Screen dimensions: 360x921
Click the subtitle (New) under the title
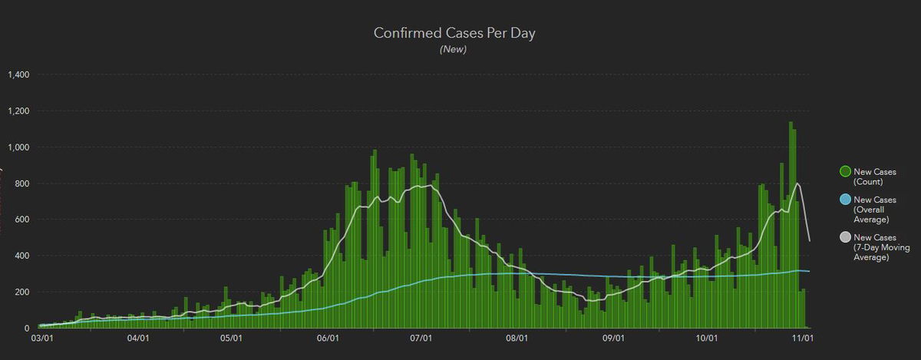(x=453, y=50)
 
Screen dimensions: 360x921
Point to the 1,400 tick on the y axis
(x=18, y=75)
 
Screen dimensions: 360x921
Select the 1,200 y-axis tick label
(x=18, y=111)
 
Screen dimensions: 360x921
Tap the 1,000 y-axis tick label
(x=18, y=147)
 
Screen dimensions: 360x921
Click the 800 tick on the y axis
(x=21, y=183)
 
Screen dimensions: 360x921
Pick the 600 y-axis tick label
(x=21, y=220)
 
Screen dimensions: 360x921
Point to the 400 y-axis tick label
(x=21, y=256)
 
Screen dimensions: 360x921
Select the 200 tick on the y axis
(x=21, y=292)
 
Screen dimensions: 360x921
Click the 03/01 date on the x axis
(x=41, y=338)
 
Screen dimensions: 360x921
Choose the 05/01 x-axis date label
(x=232, y=338)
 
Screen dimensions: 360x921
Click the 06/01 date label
(x=328, y=338)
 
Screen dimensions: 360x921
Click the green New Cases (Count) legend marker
(x=844, y=172)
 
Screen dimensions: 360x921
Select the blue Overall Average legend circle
(x=844, y=200)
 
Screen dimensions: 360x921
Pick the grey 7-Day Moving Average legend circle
(x=844, y=237)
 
